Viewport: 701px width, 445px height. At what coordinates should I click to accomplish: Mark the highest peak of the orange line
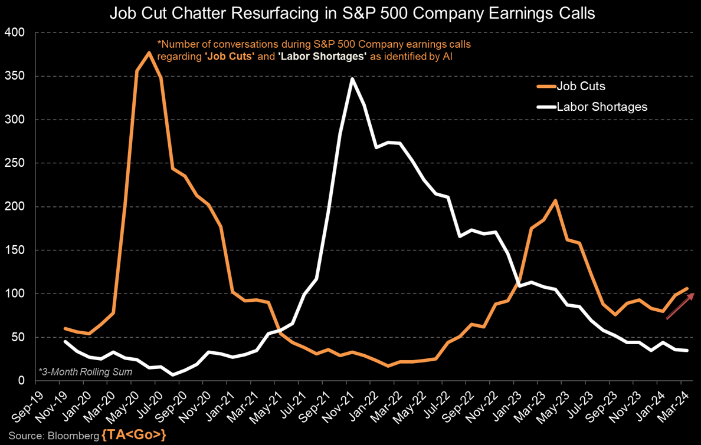(x=149, y=52)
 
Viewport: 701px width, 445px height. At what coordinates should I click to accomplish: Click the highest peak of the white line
(x=352, y=78)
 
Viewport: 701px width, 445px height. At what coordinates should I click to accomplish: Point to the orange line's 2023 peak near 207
(x=555, y=200)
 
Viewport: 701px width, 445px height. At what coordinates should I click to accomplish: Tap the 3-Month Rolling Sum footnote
(x=86, y=372)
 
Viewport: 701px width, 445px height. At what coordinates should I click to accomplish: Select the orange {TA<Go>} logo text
(x=134, y=436)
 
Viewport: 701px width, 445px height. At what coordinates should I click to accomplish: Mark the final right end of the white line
(x=687, y=351)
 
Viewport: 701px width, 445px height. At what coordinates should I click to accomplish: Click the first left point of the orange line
(x=65, y=328)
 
